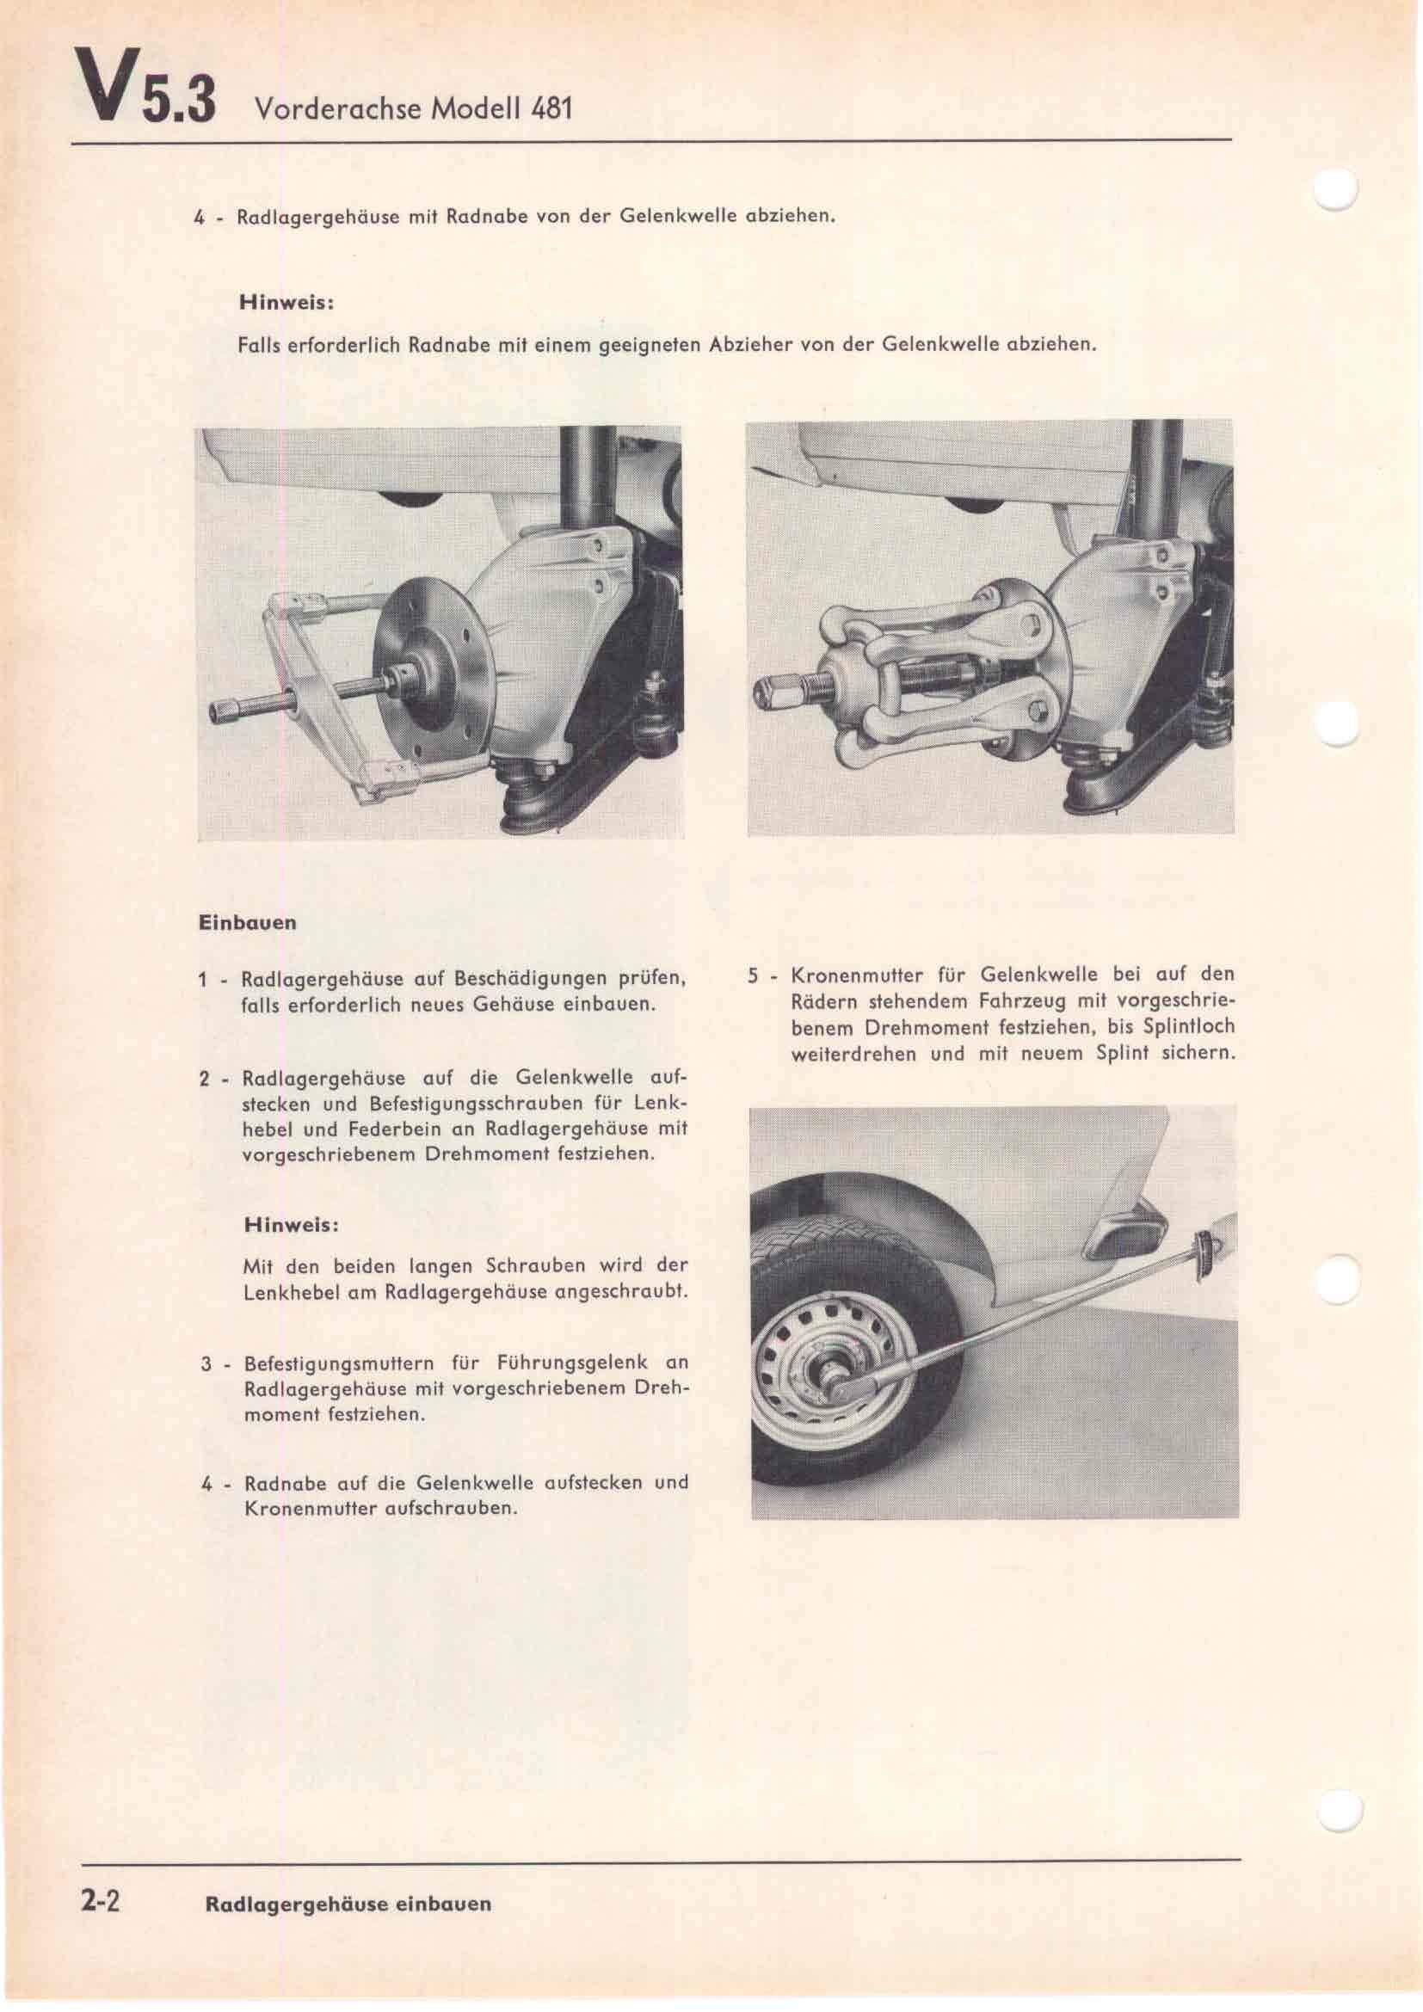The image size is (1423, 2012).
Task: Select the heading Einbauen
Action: click(248, 923)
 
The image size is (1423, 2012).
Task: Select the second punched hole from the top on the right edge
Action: click(1338, 724)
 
